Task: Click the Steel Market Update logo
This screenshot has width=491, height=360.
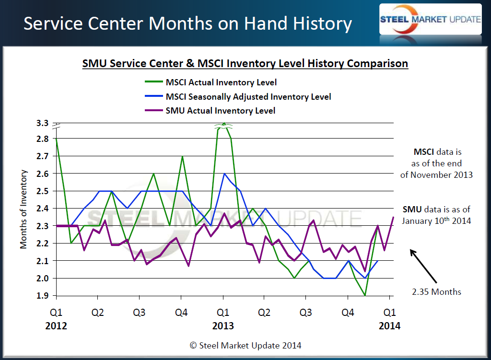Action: click(x=430, y=19)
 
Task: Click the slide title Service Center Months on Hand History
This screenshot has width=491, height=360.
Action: click(x=187, y=23)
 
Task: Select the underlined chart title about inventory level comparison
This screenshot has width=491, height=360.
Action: click(x=245, y=63)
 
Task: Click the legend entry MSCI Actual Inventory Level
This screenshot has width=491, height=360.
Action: click(x=221, y=83)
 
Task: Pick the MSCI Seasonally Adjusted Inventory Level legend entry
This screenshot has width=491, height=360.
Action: click(x=248, y=97)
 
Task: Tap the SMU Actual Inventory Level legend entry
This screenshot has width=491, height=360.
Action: click(x=220, y=111)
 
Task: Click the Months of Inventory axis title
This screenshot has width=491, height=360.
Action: click(x=23, y=209)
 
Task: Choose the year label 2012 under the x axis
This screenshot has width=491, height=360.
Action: click(x=56, y=326)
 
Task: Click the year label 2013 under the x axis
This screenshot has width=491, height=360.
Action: click(x=223, y=326)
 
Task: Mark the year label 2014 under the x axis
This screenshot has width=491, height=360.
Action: click(x=390, y=326)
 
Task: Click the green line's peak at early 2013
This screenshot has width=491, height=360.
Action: click(x=223, y=124)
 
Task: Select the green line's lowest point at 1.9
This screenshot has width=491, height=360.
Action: click(x=365, y=295)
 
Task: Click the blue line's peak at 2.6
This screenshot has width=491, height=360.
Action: click(x=223, y=174)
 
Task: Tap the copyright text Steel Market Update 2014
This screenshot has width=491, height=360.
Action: click(x=245, y=345)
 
